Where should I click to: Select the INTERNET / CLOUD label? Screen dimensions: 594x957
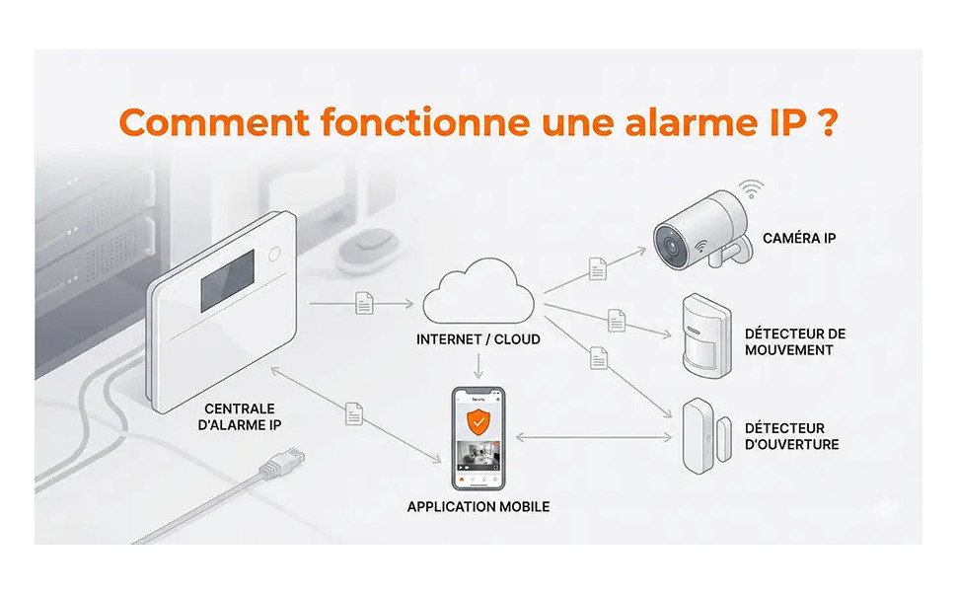point(478,339)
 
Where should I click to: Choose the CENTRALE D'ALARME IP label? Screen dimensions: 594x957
point(240,416)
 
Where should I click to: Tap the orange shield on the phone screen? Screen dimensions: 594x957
point(478,421)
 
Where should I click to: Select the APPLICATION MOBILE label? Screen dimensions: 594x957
point(478,507)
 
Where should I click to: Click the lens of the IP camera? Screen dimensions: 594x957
point(671,242)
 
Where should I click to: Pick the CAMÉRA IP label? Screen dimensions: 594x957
point(799,238)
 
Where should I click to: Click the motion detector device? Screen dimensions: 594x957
point(705,334)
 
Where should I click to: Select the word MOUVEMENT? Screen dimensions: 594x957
point(788,350)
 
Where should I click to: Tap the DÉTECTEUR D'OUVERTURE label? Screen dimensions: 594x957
point(791,436)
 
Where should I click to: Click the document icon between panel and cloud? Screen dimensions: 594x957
point(364,303)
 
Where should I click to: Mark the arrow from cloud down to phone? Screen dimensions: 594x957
point(478,367)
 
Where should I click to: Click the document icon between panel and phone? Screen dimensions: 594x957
point(354,413)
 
